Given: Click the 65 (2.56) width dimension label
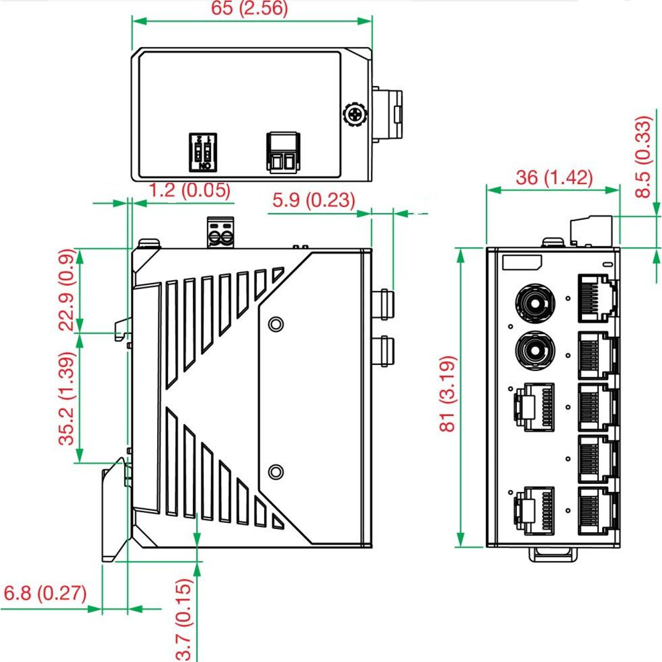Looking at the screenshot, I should [x=249, y=8].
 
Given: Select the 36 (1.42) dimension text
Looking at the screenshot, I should [x=554, y=178].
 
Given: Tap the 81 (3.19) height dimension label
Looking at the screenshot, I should [x=448, y=393].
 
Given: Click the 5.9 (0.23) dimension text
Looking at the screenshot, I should [x=314, y=200].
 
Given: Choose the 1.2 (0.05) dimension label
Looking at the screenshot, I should [x=190, y=190].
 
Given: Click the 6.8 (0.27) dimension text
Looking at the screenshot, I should [x=45, y=593].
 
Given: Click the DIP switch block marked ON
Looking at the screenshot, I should [x=203, y=152].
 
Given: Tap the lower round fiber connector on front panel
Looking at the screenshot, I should [x=535, y=351].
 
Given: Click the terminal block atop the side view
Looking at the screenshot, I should [x=221, y=232].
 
